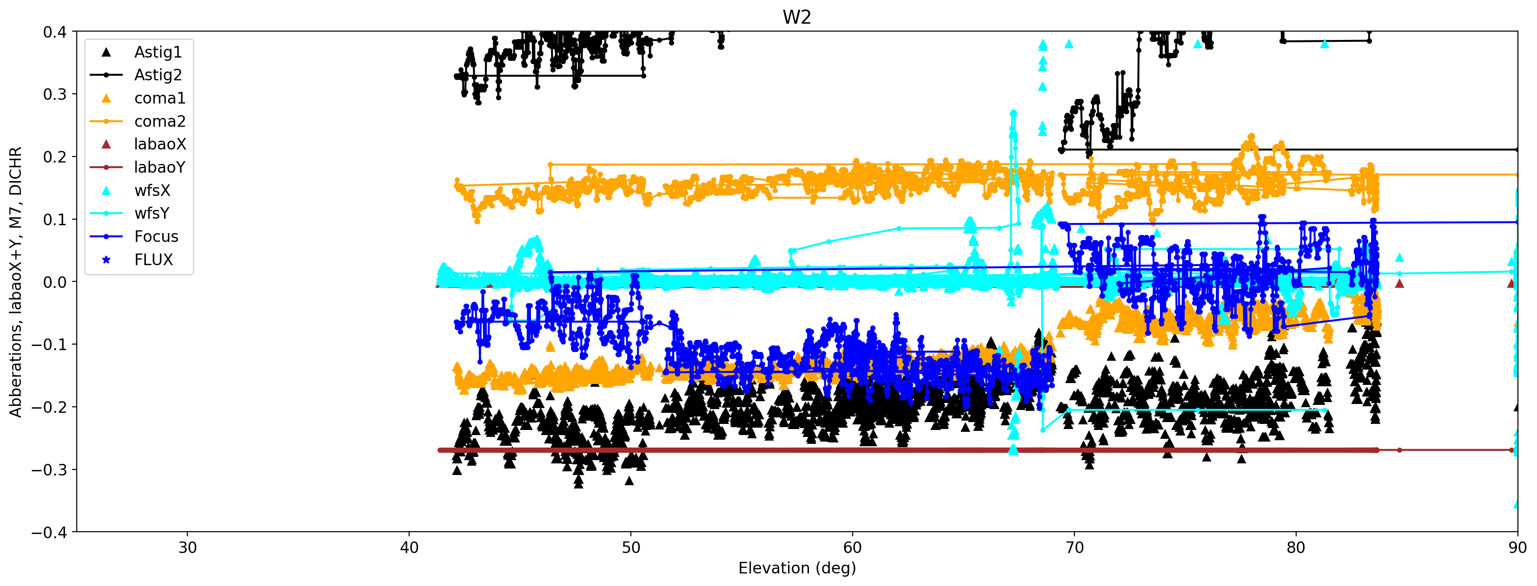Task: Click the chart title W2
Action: [x=796, y=17]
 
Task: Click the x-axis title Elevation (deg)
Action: [x=796, y=568]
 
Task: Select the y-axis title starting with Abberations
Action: [x=15, y=281]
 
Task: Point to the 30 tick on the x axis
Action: [x=187, y=547]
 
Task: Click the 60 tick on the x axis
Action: [x=852, y=547]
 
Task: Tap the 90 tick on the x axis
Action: [x=1517, y=547]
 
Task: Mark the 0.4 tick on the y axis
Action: [x=55, y=32]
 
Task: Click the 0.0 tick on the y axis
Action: [x=55, y=282]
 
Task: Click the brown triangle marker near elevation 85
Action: [x=1399, y=283]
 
